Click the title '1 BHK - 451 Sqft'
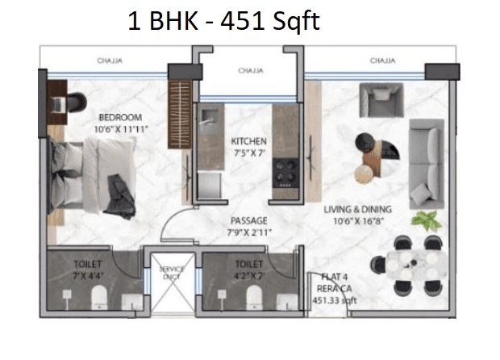tap(223, 22)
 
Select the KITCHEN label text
tap(248, 141)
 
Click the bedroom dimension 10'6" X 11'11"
tap(119, 128)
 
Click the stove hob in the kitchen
tap(285, 170)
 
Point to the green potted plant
tap(424, 220)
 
